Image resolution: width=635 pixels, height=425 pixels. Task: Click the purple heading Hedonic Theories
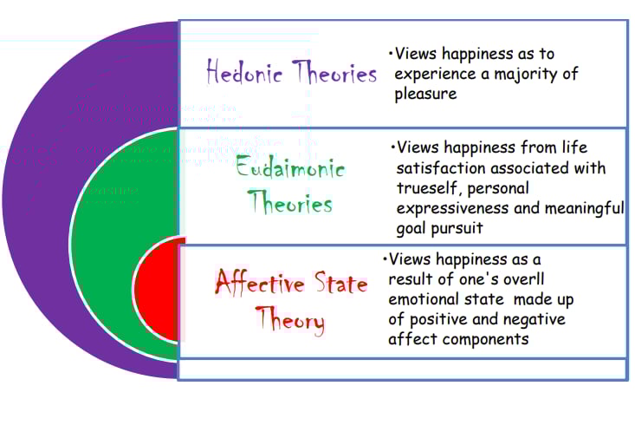coord(291,73)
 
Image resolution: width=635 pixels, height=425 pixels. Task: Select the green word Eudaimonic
coord(290,168)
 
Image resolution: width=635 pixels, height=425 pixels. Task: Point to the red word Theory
coord(290,321)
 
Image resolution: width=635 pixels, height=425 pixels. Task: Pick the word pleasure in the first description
coord(425,94)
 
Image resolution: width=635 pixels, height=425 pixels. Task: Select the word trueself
coord(425,187)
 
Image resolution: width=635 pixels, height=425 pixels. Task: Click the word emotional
coord(430,299)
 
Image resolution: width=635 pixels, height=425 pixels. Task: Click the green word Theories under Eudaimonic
coord(290,204)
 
